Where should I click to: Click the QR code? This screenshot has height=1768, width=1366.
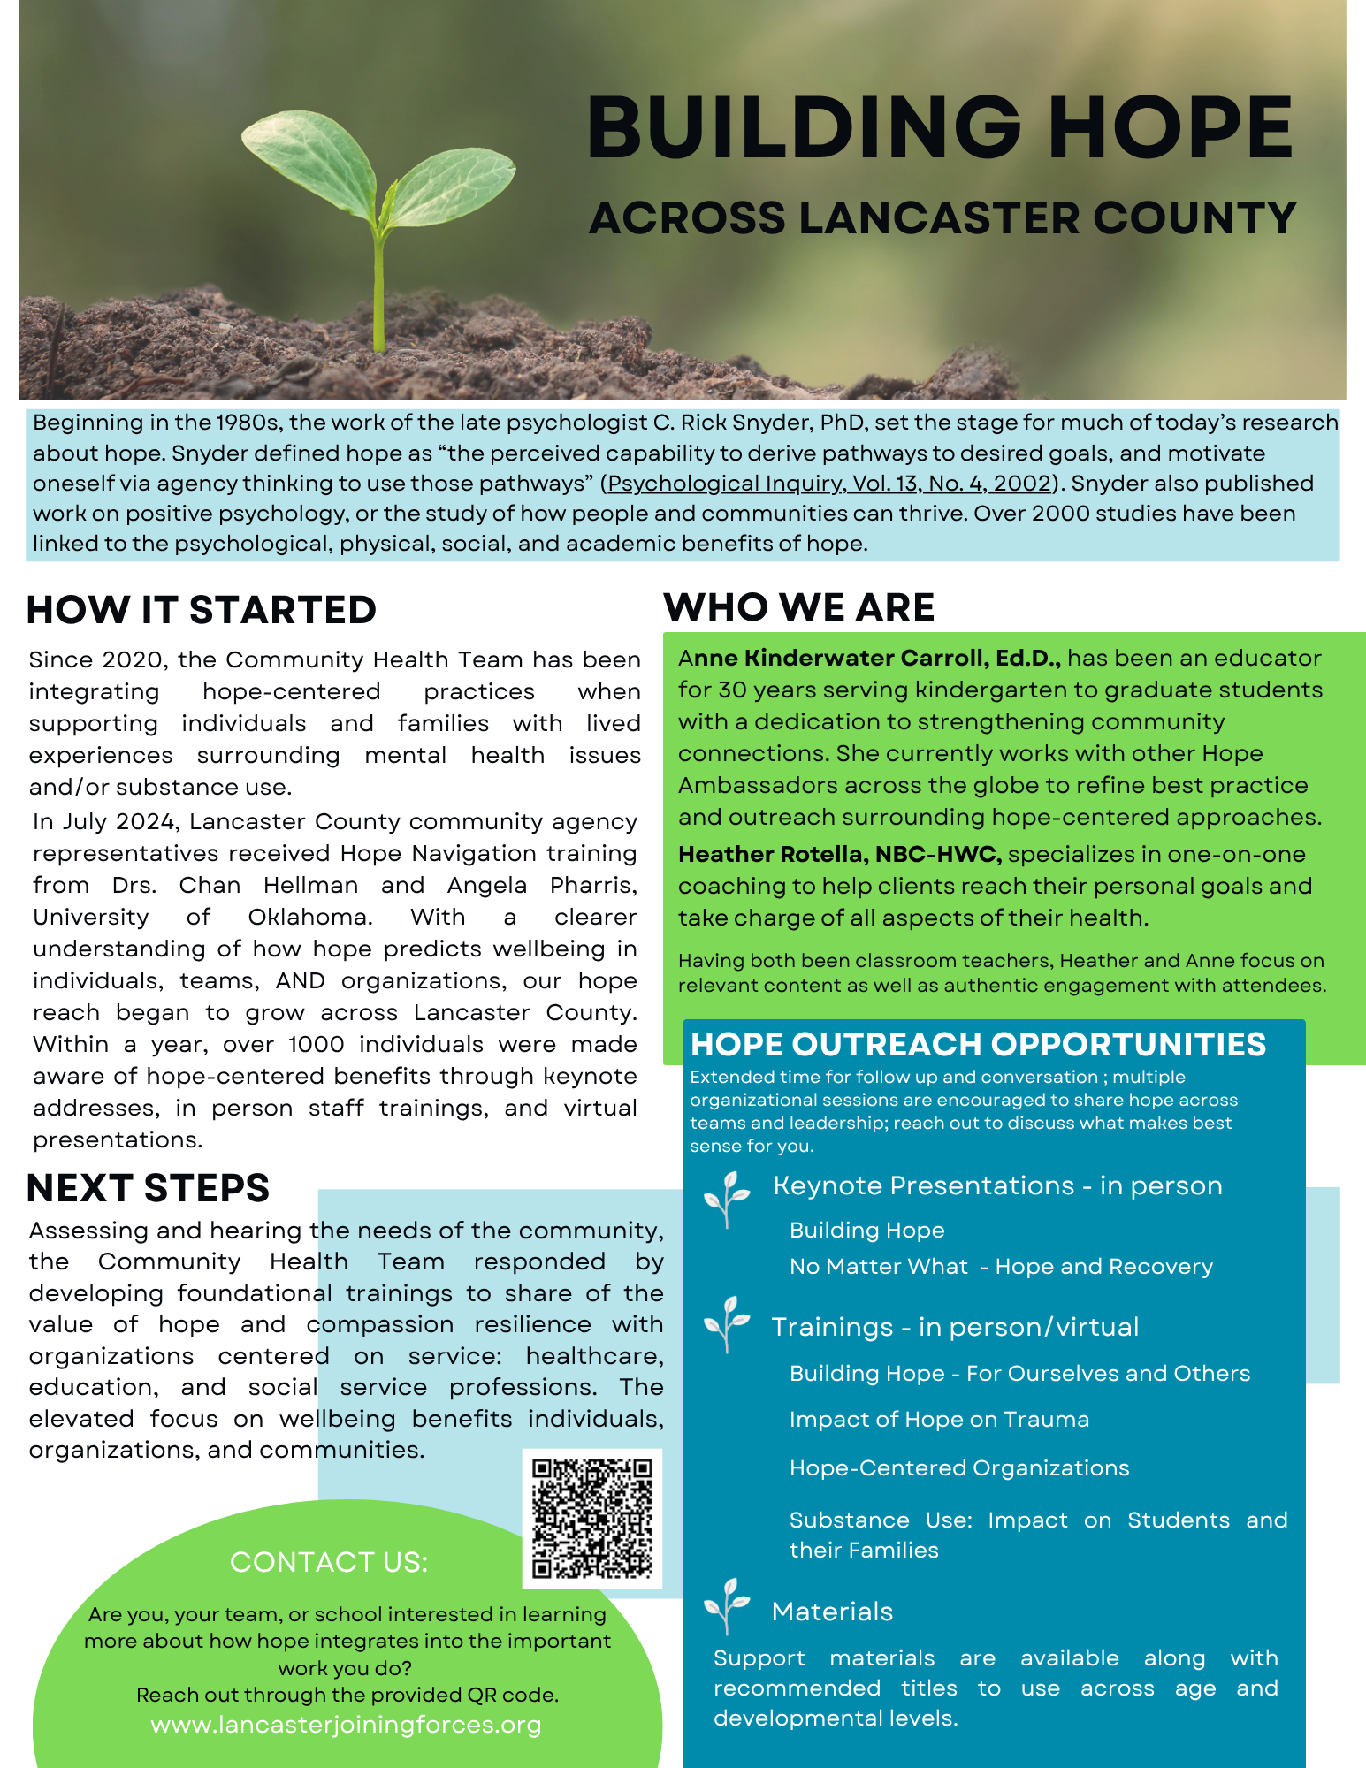pos(591,1518)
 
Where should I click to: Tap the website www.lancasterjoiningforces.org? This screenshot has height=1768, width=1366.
pos(346,1725)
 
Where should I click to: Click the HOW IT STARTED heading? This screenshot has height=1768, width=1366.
pos(202,610)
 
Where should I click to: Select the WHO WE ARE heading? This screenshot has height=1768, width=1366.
pos(798,607)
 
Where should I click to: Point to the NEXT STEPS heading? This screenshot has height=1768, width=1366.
pos(148,1188)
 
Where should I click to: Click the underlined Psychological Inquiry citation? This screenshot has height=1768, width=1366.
pos(829,484)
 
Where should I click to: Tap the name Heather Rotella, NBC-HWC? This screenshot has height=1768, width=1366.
pos(839,854)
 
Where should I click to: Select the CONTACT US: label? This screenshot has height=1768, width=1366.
pos(329,1562)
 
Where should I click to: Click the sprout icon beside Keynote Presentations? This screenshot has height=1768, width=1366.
pos(727,1198)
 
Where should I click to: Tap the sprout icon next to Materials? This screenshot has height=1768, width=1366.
pos(727,1605)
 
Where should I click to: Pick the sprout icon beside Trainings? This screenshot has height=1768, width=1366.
pos(727,1322)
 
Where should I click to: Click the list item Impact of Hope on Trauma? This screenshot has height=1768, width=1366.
pos(939,1419)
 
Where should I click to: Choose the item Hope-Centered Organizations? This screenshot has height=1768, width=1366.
pos(959,1467)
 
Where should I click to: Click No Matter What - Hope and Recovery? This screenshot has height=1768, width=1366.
pos(1001,1266)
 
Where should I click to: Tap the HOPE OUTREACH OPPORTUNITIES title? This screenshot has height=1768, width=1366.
pos(978,1044)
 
